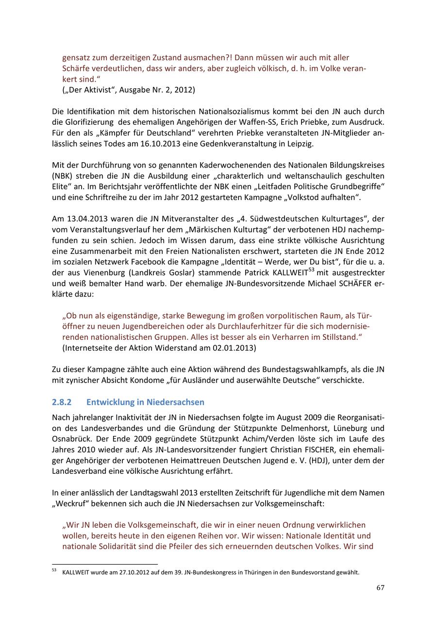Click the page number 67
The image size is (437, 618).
[380, 588]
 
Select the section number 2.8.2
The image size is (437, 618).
[62, 402]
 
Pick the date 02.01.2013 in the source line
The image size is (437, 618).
[235, 348]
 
